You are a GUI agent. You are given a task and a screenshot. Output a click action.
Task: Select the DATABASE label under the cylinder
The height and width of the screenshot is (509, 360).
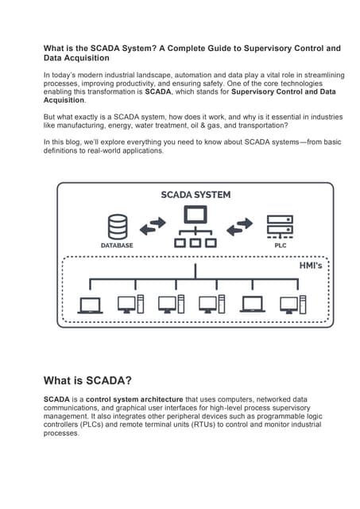(x=118, y=246)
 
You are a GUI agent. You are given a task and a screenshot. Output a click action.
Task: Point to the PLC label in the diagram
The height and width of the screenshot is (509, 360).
(x=280, y=246)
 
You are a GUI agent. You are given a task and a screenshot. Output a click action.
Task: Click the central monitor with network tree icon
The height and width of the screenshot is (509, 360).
(x=195, y=227)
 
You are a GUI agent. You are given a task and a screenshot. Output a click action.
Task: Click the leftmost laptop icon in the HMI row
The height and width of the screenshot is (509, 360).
(x=90, y=304)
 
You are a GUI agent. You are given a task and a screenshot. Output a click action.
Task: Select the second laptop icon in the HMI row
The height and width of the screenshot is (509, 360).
(x=252, y=304)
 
